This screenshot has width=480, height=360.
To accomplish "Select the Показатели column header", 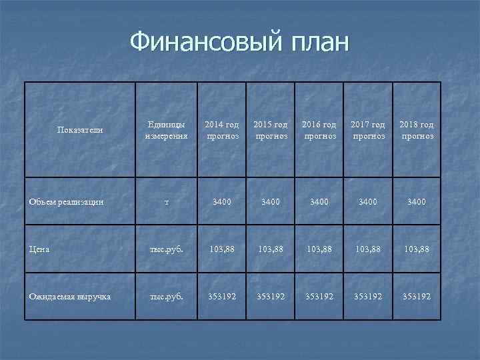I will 80,130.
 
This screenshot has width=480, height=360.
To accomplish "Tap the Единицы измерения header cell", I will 167,130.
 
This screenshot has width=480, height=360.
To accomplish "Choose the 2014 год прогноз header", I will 221,130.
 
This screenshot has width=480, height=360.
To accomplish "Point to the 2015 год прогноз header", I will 271,130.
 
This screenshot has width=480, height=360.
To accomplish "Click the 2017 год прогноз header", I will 369,130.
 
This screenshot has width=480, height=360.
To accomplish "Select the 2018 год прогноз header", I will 417,130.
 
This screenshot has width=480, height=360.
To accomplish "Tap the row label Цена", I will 39,249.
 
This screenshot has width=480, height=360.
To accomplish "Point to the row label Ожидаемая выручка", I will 69,295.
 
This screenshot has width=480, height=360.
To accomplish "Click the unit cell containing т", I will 167,201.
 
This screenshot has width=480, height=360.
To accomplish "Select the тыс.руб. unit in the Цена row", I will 167,249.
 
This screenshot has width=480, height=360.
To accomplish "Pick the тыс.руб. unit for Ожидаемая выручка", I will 167,295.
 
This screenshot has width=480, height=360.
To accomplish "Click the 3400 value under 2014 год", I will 221,201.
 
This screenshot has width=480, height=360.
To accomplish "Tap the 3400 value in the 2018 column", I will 417,201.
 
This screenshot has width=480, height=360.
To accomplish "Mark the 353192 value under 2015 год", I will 271,295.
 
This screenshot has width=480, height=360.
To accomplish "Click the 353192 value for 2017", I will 369,295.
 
